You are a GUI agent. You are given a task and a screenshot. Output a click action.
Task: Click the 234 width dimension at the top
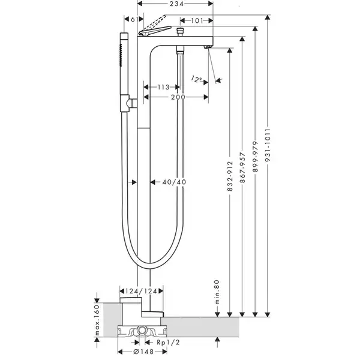177,4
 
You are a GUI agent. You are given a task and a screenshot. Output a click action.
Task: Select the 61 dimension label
134,19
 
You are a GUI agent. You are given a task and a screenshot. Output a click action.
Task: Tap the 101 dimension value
197,21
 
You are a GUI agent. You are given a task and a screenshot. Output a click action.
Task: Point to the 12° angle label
197,79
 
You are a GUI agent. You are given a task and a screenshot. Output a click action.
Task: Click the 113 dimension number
163,87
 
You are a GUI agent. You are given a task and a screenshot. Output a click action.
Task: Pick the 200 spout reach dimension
178,97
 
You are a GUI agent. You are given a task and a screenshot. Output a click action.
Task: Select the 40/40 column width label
174,182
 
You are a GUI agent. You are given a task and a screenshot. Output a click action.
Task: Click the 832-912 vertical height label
230,176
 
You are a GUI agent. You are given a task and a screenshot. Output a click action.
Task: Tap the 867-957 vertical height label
242,167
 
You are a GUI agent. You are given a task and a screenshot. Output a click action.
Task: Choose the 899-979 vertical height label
256,157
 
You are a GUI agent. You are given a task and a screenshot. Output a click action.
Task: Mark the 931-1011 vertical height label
268,145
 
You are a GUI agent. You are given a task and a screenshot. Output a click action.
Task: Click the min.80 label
217,292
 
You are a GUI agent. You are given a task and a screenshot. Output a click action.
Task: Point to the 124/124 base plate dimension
141,291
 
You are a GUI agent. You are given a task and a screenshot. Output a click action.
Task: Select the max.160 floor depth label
97,320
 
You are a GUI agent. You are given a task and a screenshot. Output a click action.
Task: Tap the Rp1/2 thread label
168,343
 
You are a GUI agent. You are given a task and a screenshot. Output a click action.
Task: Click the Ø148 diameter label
143,352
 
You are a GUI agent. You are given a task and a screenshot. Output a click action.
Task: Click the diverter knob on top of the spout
180,31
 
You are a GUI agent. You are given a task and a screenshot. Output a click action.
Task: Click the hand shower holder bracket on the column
128,103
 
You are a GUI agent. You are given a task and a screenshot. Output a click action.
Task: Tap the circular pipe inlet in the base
142,331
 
